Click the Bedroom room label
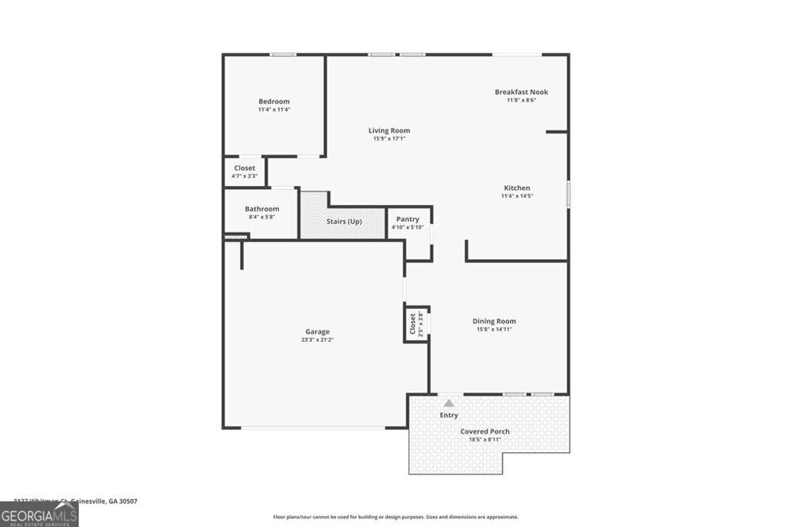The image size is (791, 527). [x=273, y=101]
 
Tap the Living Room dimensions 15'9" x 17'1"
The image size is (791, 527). [x=389, y=139]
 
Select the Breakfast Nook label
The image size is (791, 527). [x=521, y=92]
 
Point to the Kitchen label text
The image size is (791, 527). [x=517, y=187]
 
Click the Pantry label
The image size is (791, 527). [x=407, y=219]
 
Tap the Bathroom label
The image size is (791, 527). [x=262, y=208]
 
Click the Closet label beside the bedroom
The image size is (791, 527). [x=244, y=167]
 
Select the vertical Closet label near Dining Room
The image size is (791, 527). [x=412, y=322]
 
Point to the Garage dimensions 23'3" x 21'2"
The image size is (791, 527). [x=317, y=340]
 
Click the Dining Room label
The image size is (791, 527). [x=494, y=321]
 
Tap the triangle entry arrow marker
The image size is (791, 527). [x=449, y=403]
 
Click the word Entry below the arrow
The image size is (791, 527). [x=449, y=415]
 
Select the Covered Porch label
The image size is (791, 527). [x=484, y=431]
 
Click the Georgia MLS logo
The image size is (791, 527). [x=39, y=515]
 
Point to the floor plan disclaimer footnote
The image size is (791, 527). [x=395, y=517]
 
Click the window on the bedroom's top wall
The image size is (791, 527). [x=283, y=54]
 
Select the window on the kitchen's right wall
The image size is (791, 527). [x=569, y=193]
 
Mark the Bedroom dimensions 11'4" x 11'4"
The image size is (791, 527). [x=273, y=110]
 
